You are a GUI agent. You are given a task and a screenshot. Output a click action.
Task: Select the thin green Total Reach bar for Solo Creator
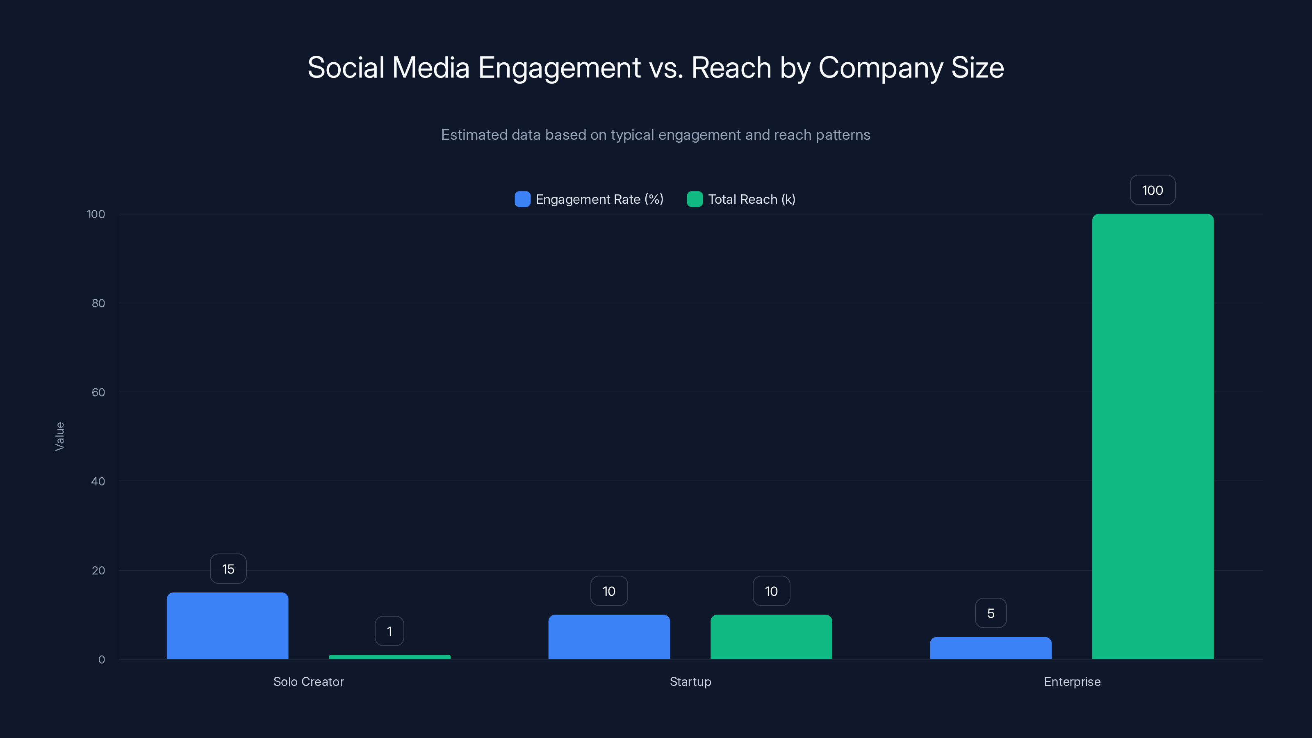coord(389,656)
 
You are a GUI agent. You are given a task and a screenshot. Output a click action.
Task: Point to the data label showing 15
coord(228,569)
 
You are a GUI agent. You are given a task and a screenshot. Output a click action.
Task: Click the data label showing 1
coord(389,631)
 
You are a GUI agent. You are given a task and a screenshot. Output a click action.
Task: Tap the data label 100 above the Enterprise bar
coord(1153,190)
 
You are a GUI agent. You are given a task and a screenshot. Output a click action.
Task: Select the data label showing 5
coord(991,613)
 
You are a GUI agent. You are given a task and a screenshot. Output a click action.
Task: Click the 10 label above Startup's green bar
coord(771,591)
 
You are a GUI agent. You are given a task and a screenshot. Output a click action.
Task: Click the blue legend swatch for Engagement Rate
coord(523,199)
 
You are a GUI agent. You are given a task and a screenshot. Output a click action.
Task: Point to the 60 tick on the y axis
coord(98,392)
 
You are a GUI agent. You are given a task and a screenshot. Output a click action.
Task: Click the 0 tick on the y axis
coord(102,660)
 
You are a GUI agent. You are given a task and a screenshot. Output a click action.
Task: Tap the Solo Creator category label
coord(309,681)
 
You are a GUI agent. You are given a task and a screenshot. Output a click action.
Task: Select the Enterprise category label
coord(1072,681)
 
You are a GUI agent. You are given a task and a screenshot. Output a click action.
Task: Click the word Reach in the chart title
coord(731,68)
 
